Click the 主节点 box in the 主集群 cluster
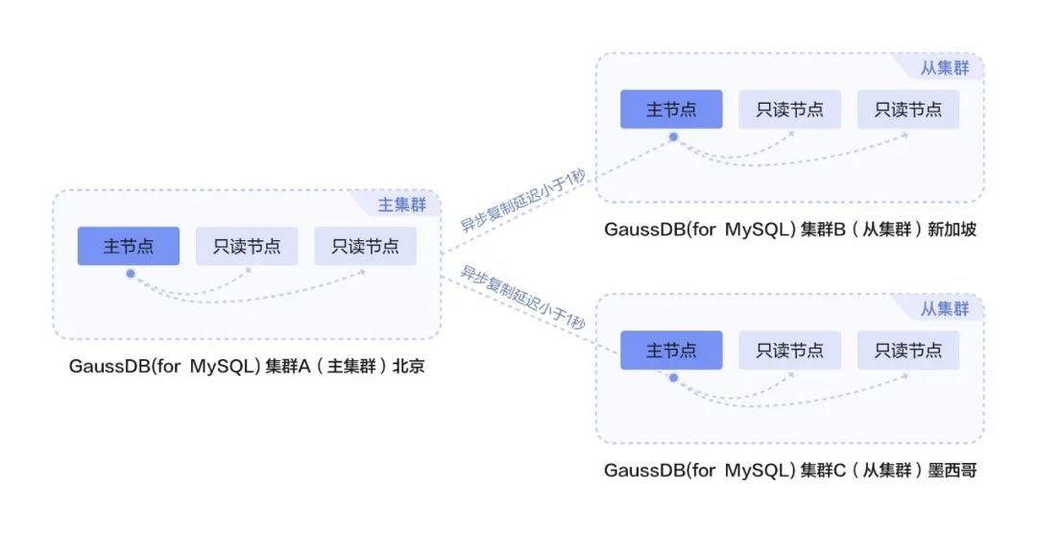pyautogui.click(x=129, y=246)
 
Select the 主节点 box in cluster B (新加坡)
pyautogui.click(x=671, y=109)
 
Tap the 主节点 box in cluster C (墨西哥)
pyautogui.click(x=671, y=351)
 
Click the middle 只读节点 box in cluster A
pyautogui.click(x=247, y=246)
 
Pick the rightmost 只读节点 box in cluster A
pyautogui.click(x=365, y=246)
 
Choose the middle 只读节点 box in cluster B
pyautogui.click(x=789, y=109)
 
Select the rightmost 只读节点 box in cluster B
pyautogui.click(x=907, y=109)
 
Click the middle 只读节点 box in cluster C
pyautogui.click(x=789, y=351)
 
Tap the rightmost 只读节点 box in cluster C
pyautogui.click(x=907, y=351)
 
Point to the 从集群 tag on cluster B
pyautogui.click(x=945, y=68)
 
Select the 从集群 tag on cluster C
pyautogui.click(x=945, y=309)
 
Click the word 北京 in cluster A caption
pyautogui.click(x=408, y=367)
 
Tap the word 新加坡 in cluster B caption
pyautogui.click(x=952, y=230)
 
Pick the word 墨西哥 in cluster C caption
pyautogui.click(x=952, y=471)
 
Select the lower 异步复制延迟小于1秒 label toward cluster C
pyautogui.click(x=522, y=299)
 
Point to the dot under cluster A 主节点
pyautogui.click(x=130, y=273)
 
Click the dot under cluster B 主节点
pyautogui.click(x=673, y=137)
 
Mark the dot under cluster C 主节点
pyautogui.click(x=673, y=378)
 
